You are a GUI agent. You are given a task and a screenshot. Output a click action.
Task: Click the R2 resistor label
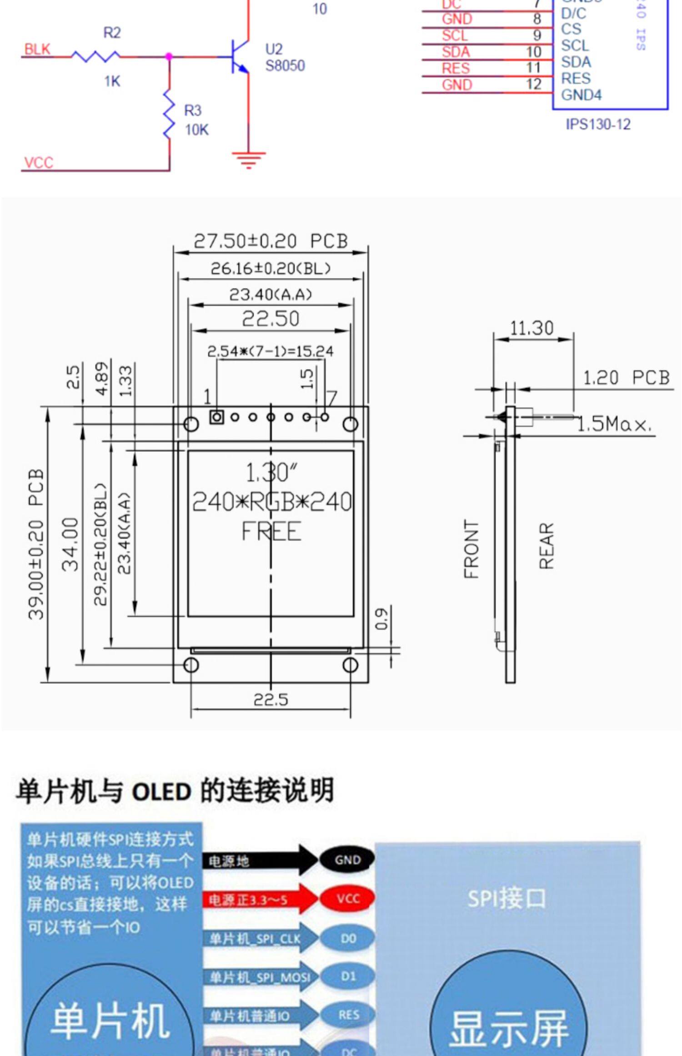(112, 33)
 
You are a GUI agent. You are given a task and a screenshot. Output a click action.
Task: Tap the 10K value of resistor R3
(196, 130)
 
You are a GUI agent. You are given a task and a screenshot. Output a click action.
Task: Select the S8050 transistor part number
(285, 66)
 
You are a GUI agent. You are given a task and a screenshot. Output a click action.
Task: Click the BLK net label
(37, 49)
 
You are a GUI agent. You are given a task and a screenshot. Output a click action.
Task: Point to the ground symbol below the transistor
(248, 160)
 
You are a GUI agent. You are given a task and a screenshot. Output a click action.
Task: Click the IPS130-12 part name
(598, 125)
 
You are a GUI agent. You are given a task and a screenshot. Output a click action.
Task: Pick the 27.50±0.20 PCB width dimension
(271, 241)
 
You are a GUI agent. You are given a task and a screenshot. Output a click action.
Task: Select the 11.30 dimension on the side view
(532, 328)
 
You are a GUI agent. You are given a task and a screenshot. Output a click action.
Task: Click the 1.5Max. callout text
(614, 425)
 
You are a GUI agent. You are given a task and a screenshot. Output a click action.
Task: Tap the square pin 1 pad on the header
(216, 417)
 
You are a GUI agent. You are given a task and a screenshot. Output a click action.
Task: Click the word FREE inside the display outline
(271, 532)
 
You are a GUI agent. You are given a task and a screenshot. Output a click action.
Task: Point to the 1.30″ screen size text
(271, 473)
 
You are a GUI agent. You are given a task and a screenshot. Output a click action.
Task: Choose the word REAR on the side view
(547, 545)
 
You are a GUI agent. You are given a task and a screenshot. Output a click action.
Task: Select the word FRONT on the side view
(471, 549)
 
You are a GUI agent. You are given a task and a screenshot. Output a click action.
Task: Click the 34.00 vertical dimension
(71, 544)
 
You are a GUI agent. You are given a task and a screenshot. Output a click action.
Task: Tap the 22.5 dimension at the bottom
(271, 699)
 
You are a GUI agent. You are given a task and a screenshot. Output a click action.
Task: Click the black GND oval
(347, 860)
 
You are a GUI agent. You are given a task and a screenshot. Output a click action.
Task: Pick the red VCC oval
(348, 898)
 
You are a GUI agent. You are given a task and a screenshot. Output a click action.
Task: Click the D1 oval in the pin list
(348, 976)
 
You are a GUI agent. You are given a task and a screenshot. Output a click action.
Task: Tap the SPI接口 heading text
(506, 898)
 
